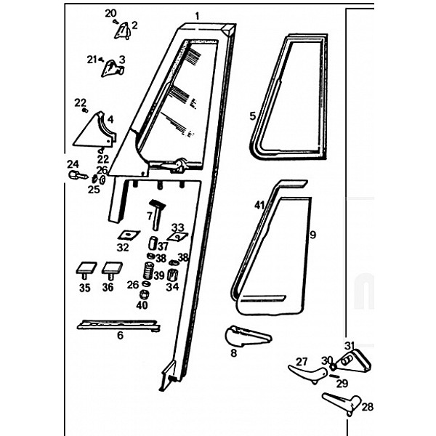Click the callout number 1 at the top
[197, 15]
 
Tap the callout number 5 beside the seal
[252, 116]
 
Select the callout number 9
[313, 235]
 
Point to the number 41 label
[258, 206]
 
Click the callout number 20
[110, 13]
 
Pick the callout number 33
[177, 227]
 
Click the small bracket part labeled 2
[123, 29]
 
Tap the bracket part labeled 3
[112, 68]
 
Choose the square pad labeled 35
[85, 269]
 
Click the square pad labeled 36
[110, 269]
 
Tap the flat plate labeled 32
[129, 235]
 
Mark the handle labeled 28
[339, 401]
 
